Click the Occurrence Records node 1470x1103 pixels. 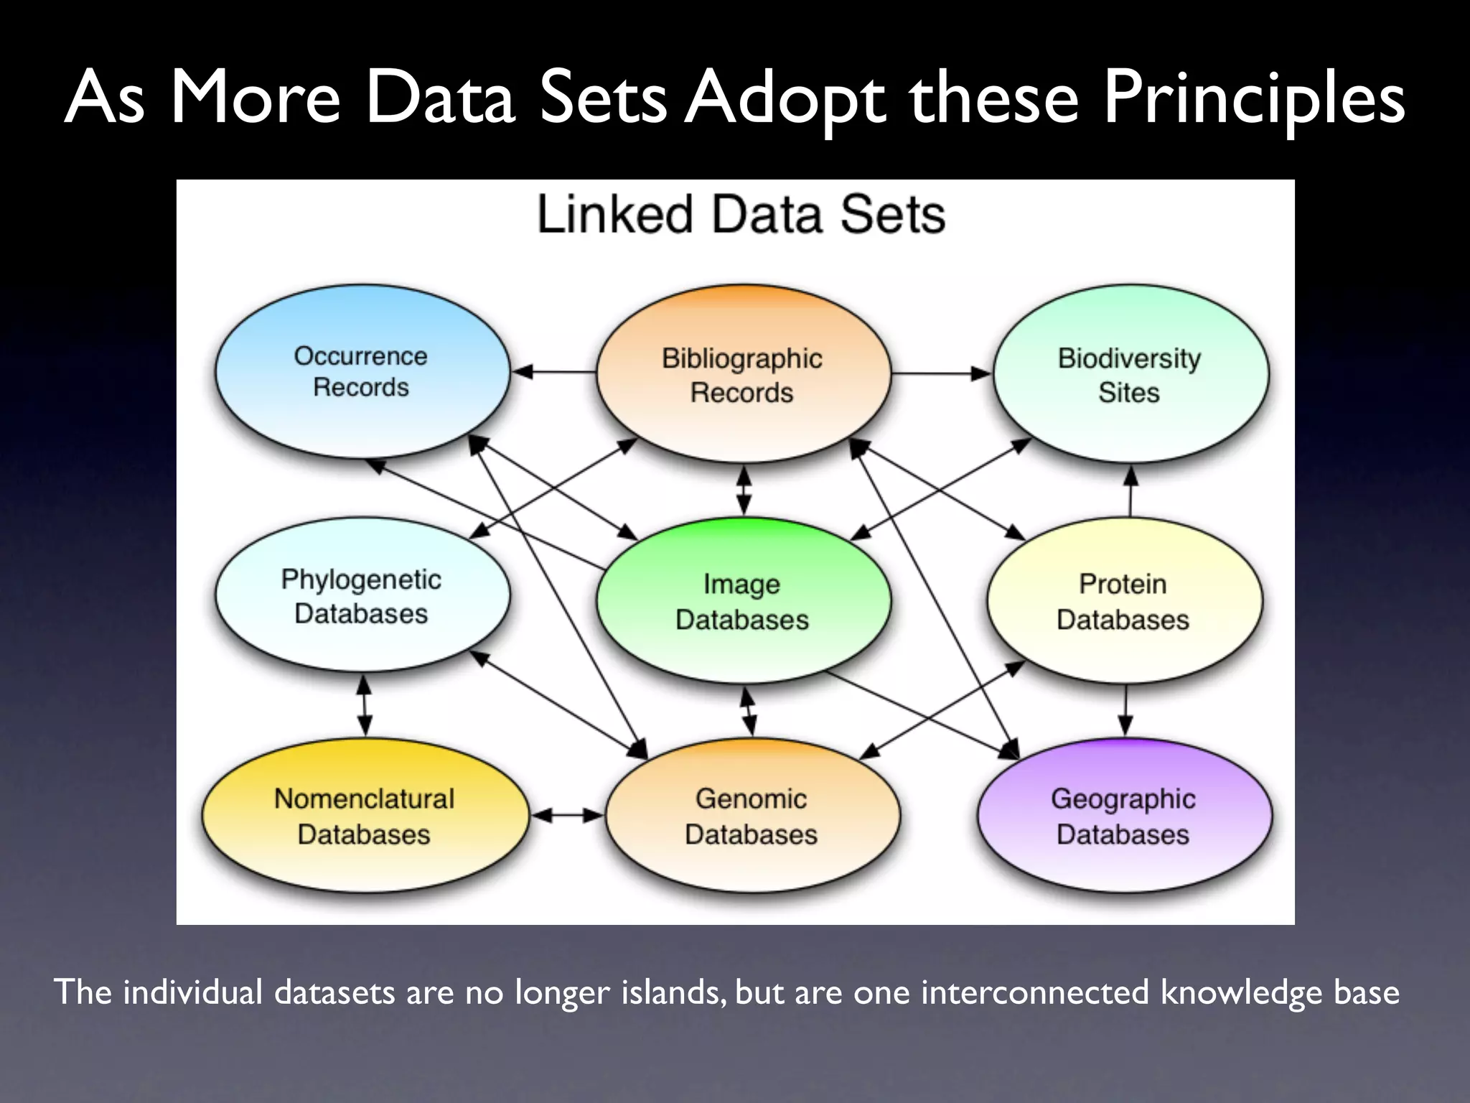(362, 371)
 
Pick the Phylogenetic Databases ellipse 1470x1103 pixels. (362, 596)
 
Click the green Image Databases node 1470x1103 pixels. (743, 602)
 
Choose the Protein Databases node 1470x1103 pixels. (1123, 602)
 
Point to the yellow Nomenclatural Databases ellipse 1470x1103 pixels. (365, 816)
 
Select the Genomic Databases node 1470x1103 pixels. (752, 816)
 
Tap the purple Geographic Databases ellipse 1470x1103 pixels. (1124, 816)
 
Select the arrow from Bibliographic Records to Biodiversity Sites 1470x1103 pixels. (940, 373)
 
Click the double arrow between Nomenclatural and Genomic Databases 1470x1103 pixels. (568, 815)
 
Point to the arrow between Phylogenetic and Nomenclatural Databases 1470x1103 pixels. (364, 705)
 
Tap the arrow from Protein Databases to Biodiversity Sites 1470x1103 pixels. (1130, 493)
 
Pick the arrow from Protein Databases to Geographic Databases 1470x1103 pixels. (1125, 709)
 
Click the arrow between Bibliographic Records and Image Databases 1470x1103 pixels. (744, 491)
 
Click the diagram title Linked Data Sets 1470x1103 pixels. (741, 215)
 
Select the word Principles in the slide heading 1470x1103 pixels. (1253, 98)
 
